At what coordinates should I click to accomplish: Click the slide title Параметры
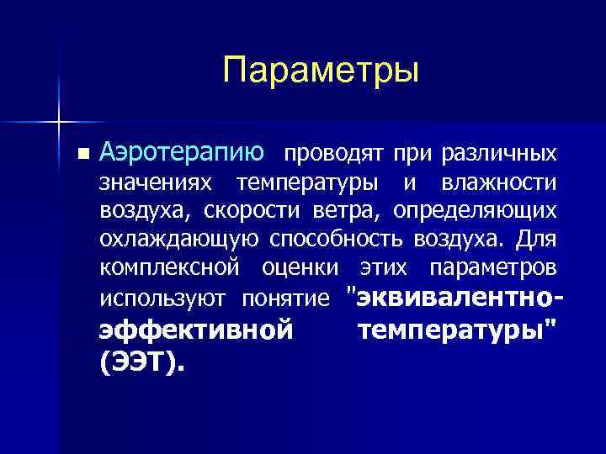[x=321, y=70]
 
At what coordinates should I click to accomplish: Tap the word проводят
[x=330, y=154]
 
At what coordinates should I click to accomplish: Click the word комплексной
[x=165, y=267]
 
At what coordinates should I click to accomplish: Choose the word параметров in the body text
[x=492, y=267]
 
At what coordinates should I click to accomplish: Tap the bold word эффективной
[x=196, y=330]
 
